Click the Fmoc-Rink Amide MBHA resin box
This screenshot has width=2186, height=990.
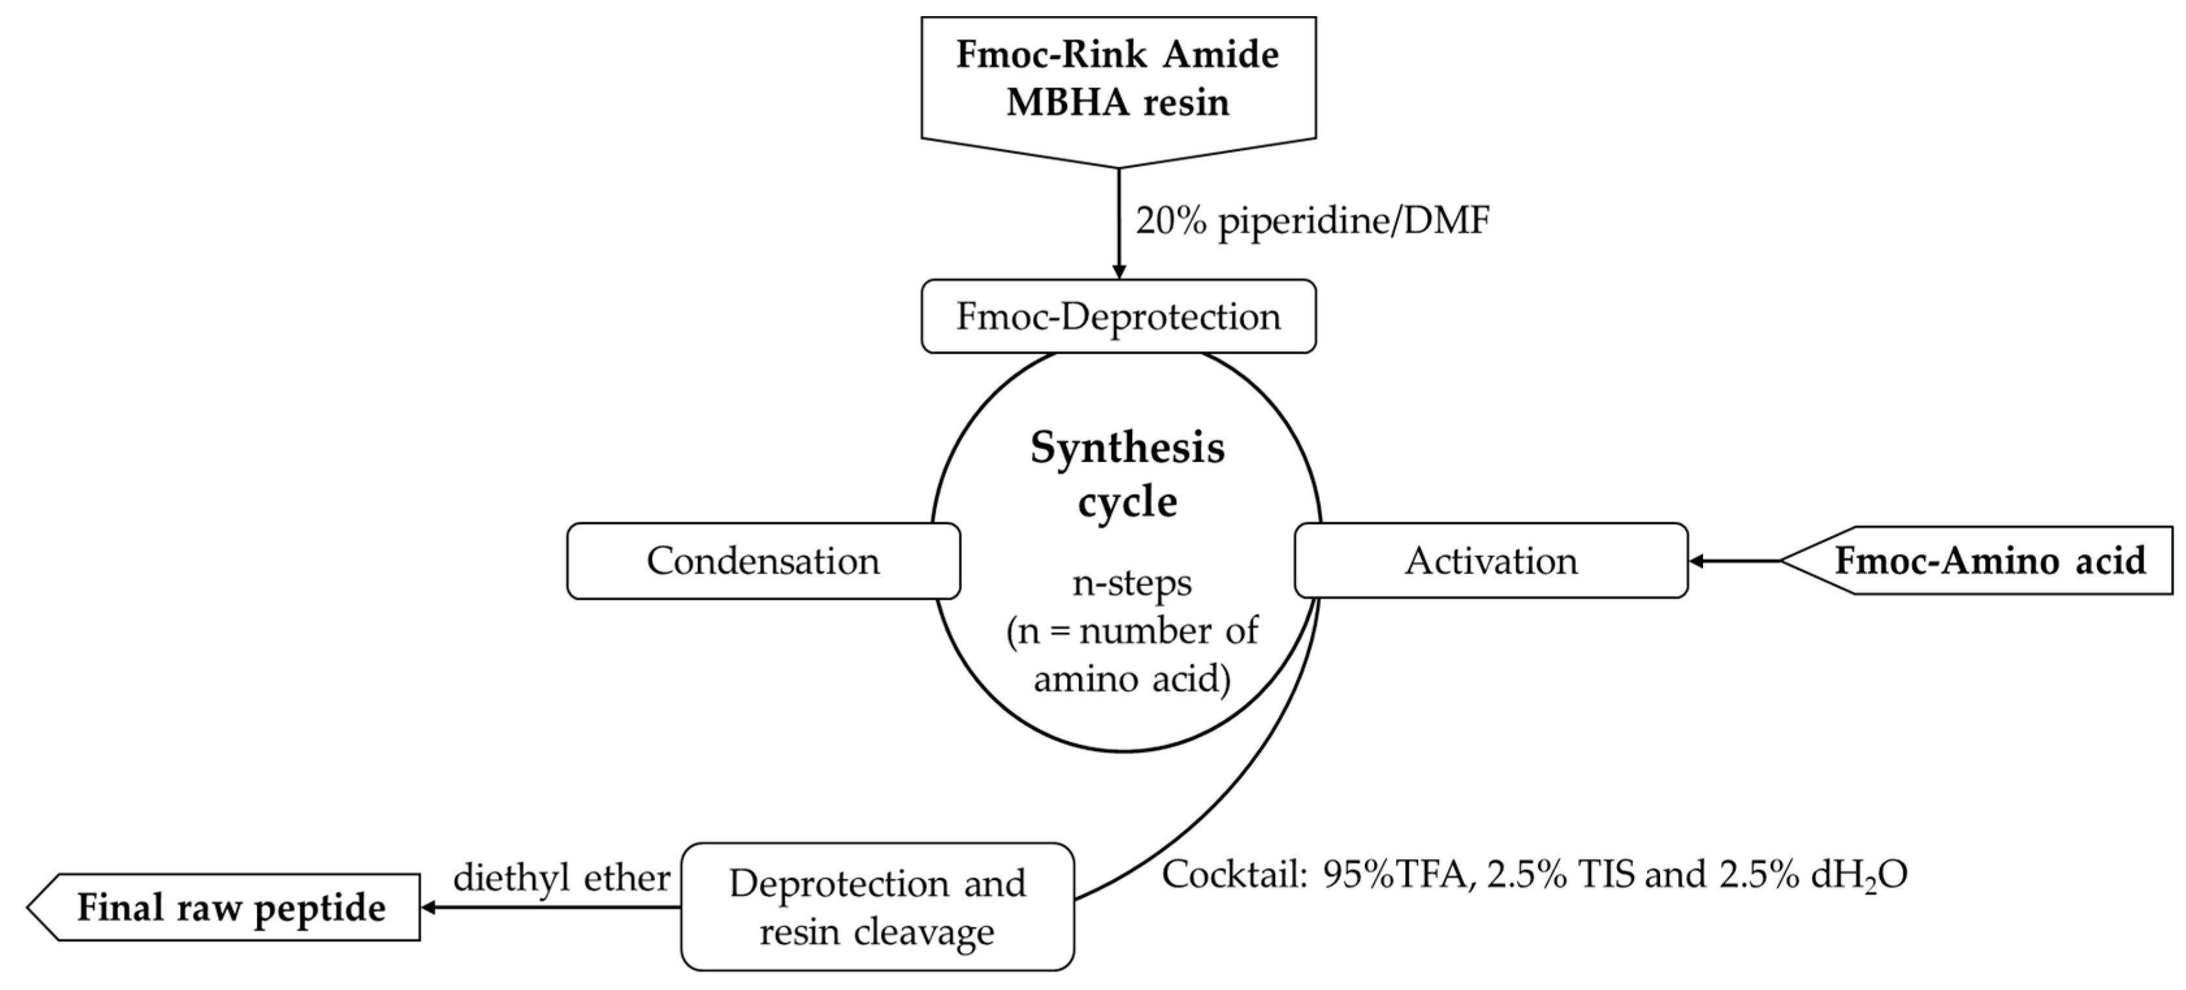[1117, 81]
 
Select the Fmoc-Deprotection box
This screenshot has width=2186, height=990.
[1117, 317]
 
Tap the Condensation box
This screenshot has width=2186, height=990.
[763, 561]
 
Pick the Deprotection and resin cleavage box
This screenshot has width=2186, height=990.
[877, 907]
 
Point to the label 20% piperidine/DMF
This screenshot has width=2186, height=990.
[1312, 222]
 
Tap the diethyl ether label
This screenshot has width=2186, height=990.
[562, 877]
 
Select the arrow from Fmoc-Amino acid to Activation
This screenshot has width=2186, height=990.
[1736, 561]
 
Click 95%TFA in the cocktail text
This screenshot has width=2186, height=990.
[1394, 874]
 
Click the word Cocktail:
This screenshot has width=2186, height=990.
[1233, 874]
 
